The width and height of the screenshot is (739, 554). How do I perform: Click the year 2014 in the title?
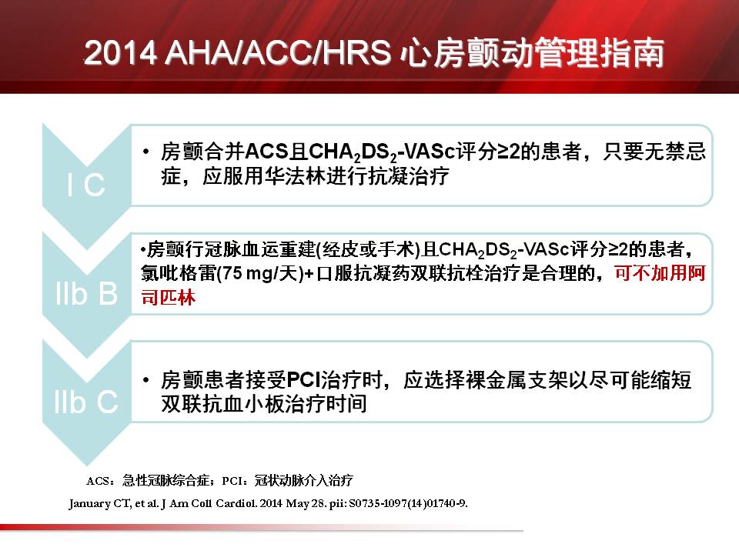click(120, 52)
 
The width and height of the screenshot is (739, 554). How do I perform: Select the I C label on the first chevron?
click(86, 185)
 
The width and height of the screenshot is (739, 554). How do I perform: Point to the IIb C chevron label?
click(86, 402)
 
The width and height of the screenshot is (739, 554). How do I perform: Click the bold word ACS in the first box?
click(266, 152)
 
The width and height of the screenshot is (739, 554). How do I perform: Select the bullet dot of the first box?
click(146, 152)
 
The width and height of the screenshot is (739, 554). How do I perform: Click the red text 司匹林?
click(169, 298)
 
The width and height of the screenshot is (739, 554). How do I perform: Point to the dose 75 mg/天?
click(259, 273)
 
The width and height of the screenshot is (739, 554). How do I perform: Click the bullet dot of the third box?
click(146, 379)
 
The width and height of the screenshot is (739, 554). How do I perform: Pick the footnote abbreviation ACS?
click(100, 481)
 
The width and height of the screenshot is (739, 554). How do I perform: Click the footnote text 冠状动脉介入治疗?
click(303, 480)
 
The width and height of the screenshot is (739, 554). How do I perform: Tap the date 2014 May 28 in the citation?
click(293, 503)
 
